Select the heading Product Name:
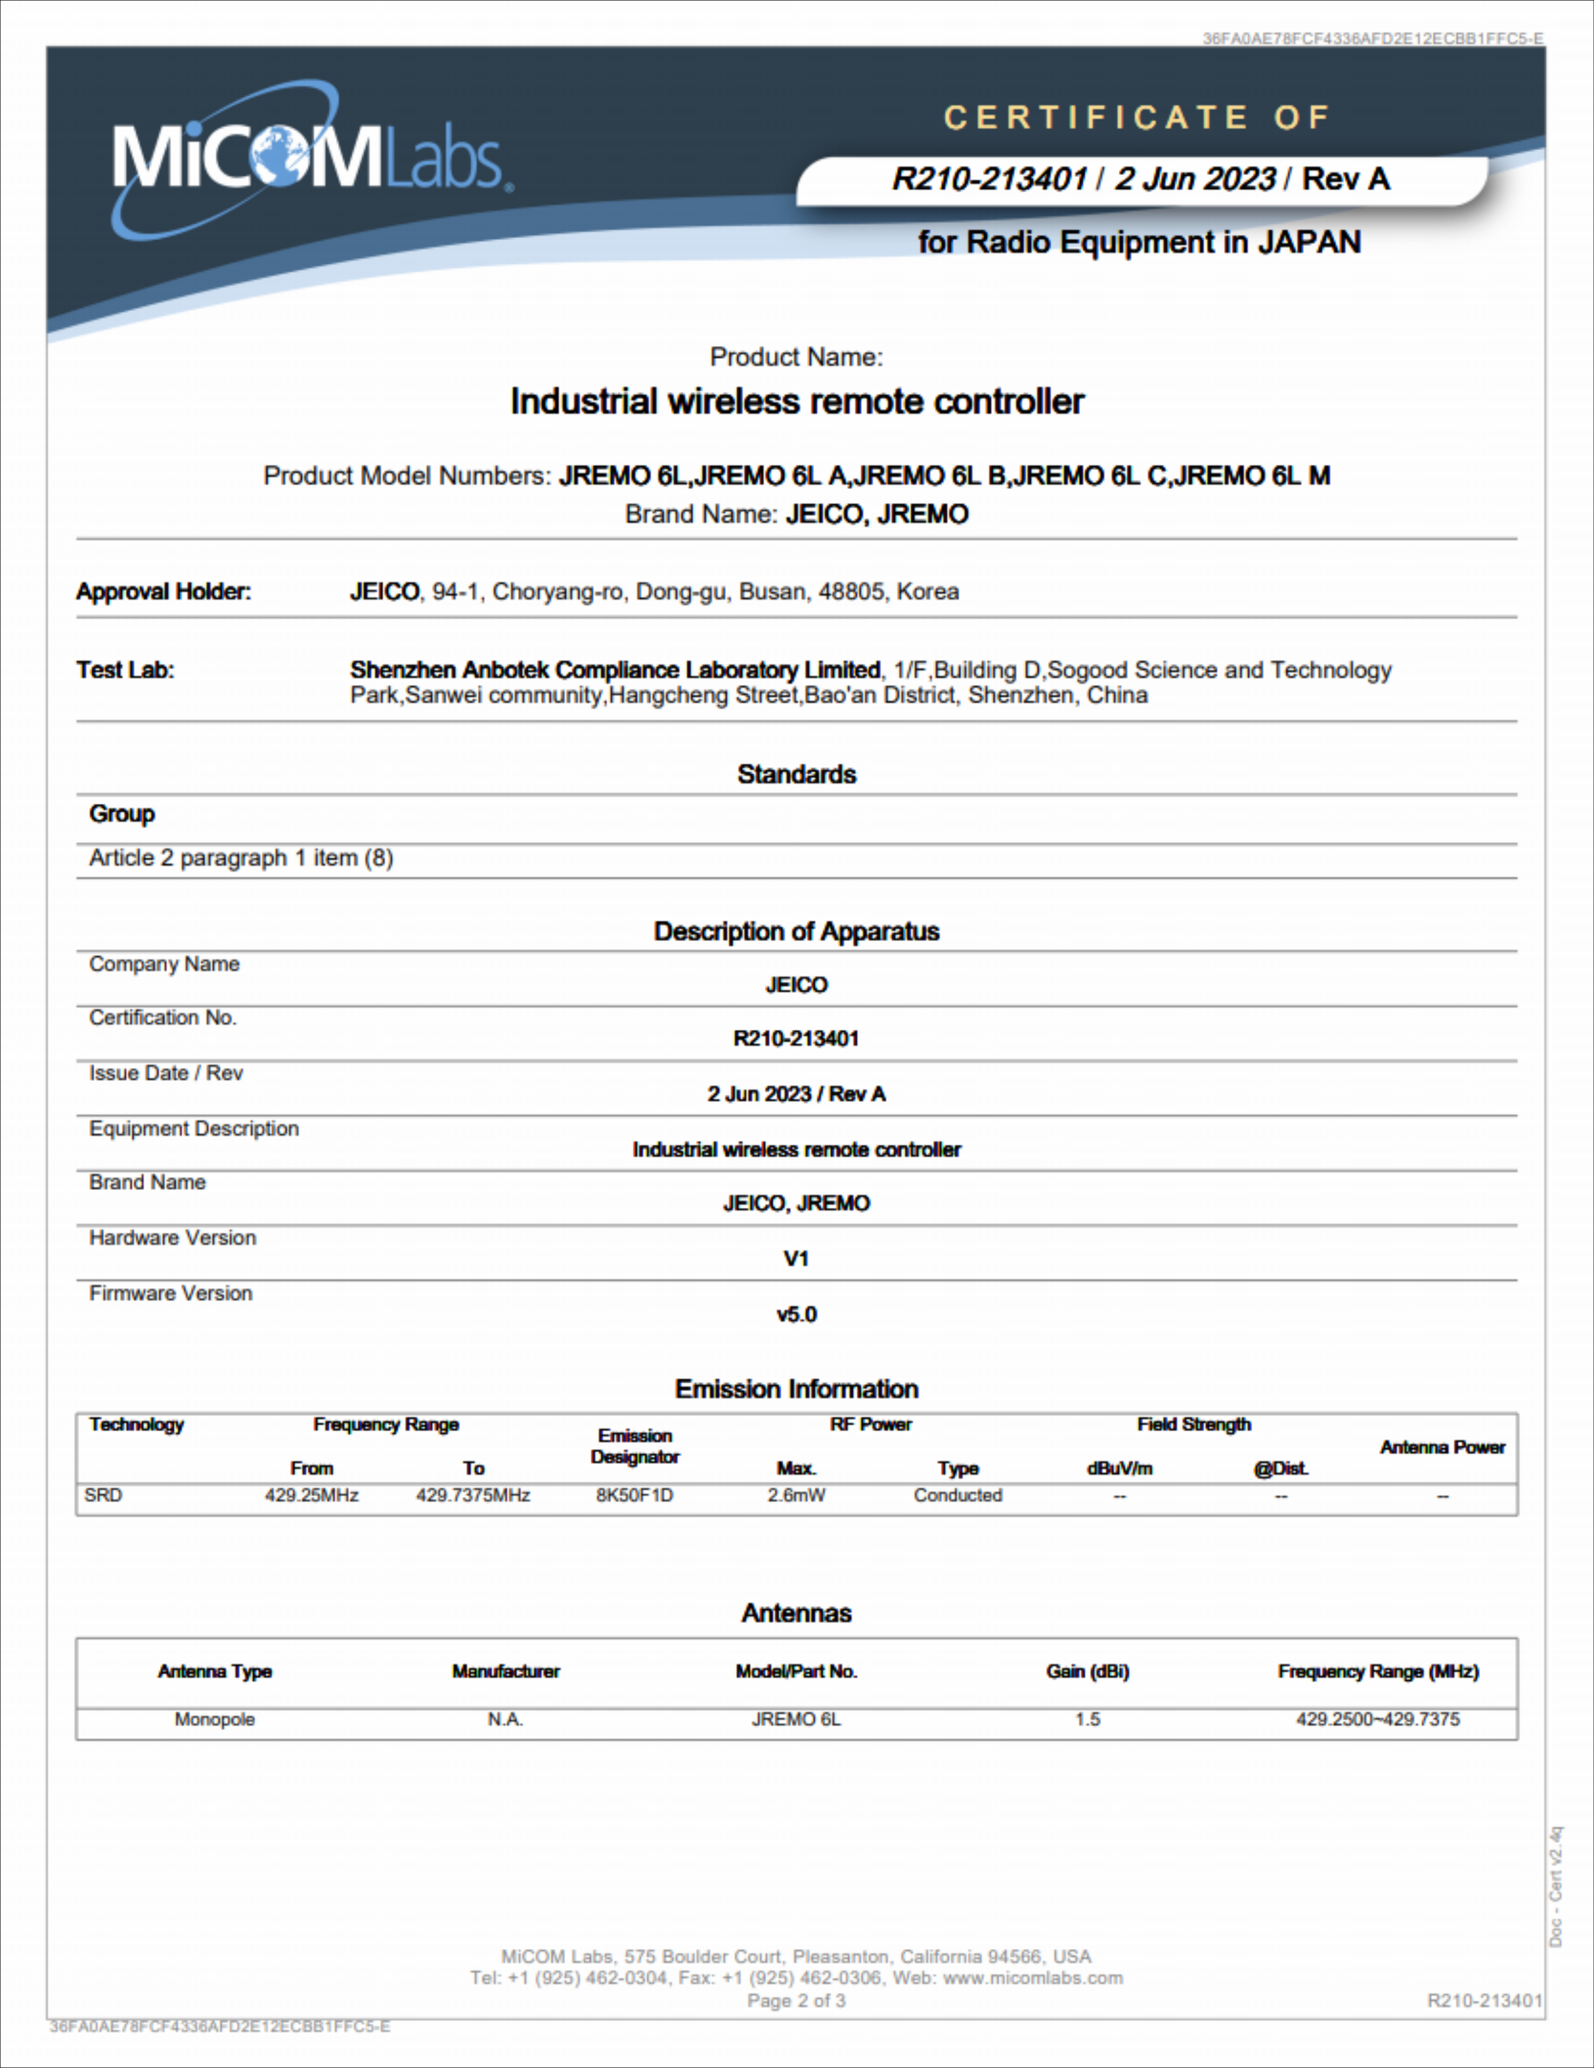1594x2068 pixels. (796, 357)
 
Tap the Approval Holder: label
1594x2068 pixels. (164, 592)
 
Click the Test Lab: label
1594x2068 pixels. (125, 670)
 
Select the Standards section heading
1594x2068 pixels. (796, 775)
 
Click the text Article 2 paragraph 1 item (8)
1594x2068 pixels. (241, 858)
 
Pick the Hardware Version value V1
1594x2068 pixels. (796, 1258)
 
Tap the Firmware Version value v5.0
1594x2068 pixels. (796, 1314)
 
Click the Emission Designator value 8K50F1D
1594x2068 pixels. (634, 1495)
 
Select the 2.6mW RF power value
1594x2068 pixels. (796, 1495)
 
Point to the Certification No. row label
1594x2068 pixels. (163, 1018)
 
